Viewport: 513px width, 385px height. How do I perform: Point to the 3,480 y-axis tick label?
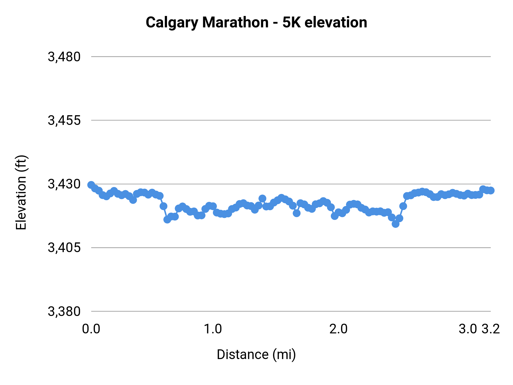coord(64,57)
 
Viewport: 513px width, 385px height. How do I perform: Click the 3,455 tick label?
coord(64,120)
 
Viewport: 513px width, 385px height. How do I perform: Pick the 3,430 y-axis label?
coord(64,184)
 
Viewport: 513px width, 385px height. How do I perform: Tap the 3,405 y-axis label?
coord(64,248)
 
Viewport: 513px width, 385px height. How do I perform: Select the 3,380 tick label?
coord(64,311)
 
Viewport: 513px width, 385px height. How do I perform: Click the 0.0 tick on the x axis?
coord(91,329)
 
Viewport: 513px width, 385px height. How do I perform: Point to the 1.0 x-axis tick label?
coord(213,329)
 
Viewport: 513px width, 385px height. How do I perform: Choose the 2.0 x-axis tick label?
coord(338,329)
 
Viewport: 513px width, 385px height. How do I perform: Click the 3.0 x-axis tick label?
coord(468,329)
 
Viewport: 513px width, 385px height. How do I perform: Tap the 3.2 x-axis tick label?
coord(491,329)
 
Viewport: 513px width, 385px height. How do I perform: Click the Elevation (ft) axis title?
coord(21,193)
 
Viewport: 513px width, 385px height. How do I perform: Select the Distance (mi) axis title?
coord(256,354)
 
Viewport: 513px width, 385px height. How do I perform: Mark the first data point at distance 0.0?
coord(91,185)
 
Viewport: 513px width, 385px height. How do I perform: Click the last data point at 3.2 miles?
coord(491,191)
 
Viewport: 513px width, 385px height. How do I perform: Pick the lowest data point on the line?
coord(395,224)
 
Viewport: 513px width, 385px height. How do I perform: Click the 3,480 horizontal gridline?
coord(285,56)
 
